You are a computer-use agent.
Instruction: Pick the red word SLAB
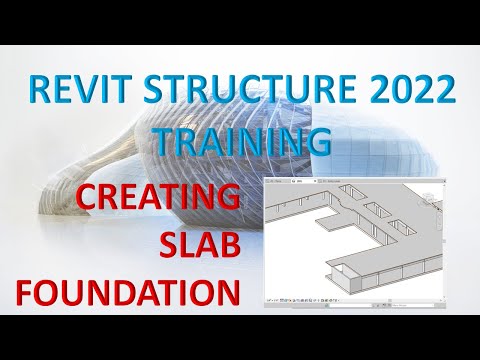point(198,245)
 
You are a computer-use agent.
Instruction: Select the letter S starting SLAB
point(167,245)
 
